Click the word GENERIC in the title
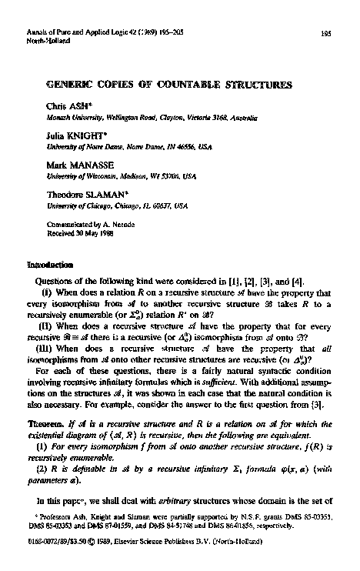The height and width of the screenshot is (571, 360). pyautogui.click(x=73, y=78)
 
